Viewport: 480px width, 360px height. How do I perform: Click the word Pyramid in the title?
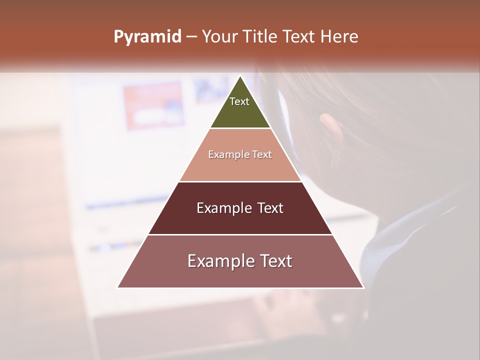(147, 37)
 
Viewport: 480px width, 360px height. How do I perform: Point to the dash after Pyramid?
(191, 37)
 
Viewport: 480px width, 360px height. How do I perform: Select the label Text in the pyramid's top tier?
(239, 101)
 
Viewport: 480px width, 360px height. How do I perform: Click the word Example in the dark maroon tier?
(223, 208)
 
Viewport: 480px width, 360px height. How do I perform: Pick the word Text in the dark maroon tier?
(270, 208)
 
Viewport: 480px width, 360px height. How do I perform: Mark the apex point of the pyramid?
(240, 76)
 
